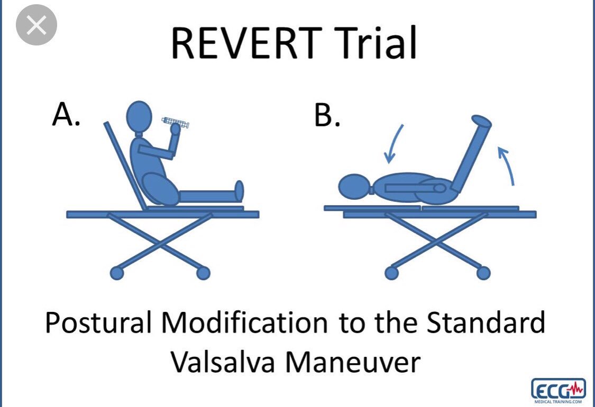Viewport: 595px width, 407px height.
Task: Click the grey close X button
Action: (x=36, y=25)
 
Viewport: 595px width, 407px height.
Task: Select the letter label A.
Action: (x=66, y=115)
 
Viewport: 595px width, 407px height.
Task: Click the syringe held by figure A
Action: (x=175, y=123)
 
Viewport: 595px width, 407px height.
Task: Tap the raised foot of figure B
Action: (x=481, y=122)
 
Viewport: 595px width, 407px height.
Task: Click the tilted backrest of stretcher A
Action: (x=124, y=165)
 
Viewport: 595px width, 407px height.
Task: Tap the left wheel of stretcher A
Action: (x=117, y=273)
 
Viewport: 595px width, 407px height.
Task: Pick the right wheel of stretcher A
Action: (x=204, y=273)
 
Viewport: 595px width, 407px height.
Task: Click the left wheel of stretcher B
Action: (x=391, y=273)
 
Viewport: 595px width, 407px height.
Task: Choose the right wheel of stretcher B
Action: (x=483, y=273)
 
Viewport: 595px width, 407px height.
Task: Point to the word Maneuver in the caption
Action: (x=353, y=362)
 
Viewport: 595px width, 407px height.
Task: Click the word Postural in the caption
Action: (x=98, y=322)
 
